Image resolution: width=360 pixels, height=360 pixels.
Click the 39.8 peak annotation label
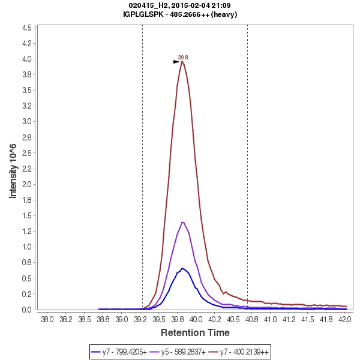pos(183,58)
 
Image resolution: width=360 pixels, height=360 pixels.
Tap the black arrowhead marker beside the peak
pos(176,62)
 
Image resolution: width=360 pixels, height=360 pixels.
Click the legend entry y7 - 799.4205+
pos(119,352)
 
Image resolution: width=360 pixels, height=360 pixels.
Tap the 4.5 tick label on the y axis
pos(26,28)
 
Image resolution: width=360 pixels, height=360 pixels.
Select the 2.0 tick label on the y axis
pos(26,184)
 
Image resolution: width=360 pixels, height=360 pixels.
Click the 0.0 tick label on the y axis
pos(26,310)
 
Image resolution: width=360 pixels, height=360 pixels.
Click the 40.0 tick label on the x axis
pos(196,319)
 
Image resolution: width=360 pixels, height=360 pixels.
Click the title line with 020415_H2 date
pos(179,5)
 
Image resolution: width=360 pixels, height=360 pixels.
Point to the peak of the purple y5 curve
pos(182,222)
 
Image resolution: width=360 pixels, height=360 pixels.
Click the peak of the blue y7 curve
pos(182,268)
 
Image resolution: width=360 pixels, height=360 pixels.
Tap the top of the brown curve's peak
pos(182,61)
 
